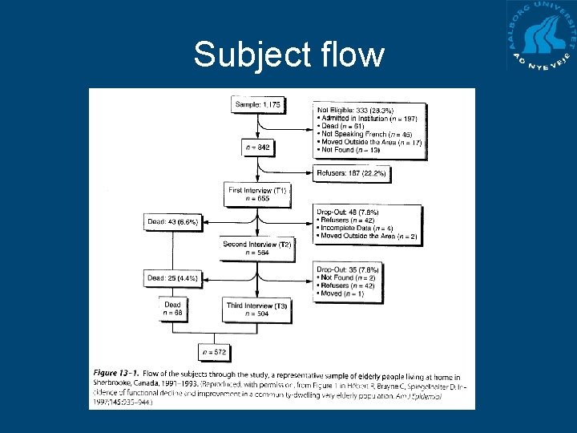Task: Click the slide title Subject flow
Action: [x=288, y=55]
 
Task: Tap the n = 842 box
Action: [x=258, y=148]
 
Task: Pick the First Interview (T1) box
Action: [x=258, y=194]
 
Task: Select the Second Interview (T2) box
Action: [x=257, y=248]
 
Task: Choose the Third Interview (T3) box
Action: [x=257, y=309]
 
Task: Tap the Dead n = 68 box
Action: [x=173, y=309]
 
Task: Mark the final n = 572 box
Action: [x=214, y=351]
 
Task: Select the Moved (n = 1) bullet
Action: [x=342, y=294]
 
